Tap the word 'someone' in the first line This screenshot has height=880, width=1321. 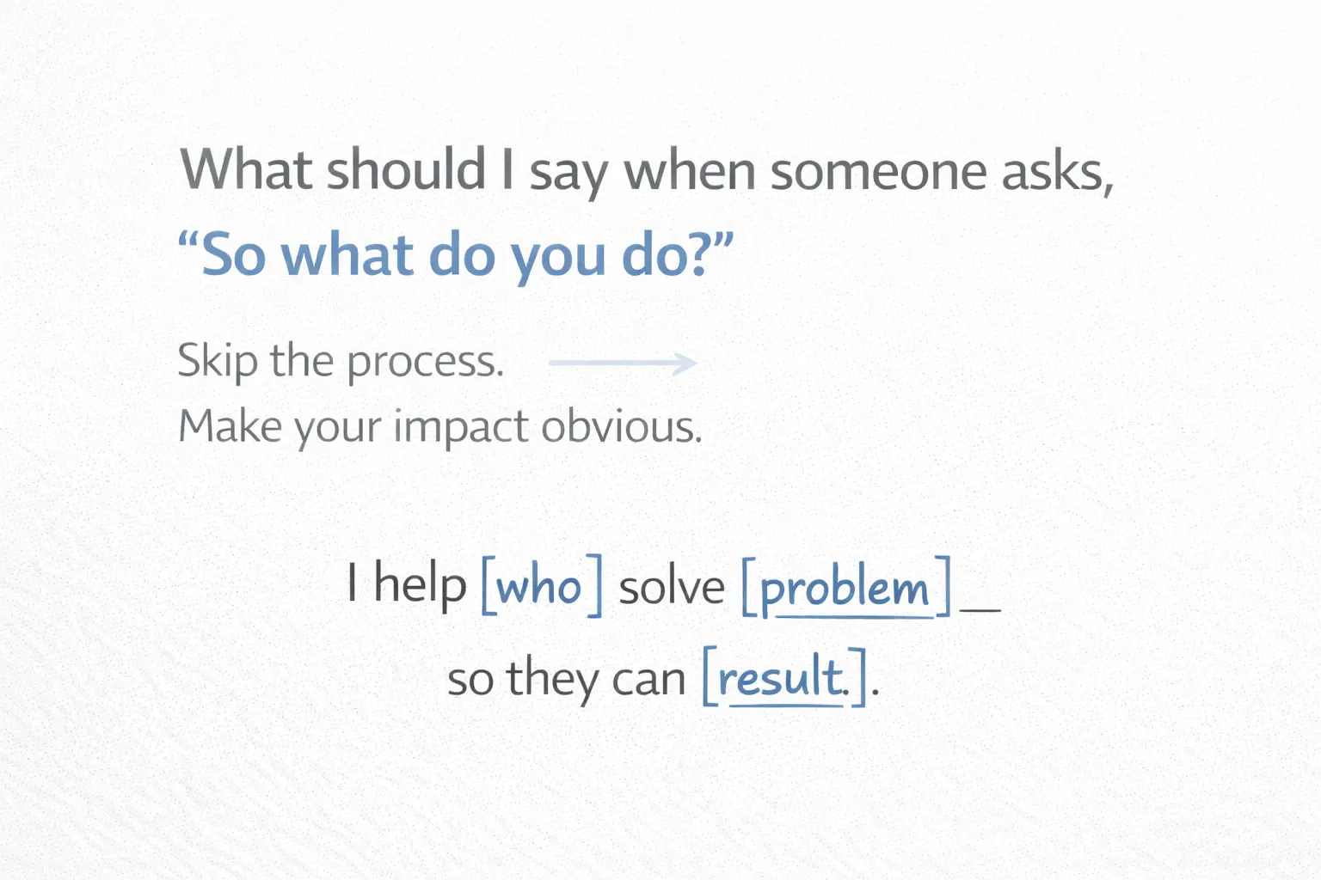pyautogui.click(x=878, y=171)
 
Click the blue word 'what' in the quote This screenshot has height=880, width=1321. pyautogui.click(x=347, y=255)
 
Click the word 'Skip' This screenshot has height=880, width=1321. pyautogui.click(x=217, y=361)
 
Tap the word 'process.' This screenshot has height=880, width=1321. pyautogui.click(x=425, y=363)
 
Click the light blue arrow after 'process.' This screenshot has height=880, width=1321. pyautogui.click(x=623, y=364)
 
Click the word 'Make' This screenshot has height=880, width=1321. pyautogui.click(x=230, y=426)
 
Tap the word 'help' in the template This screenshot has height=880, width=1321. pyautogui.click(x=420, y=586)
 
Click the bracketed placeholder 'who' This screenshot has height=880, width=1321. pyautogui.click(x=541, y=587)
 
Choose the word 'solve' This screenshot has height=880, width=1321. pyautogui.click(x=672, y=588)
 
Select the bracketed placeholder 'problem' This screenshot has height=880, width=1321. pyautogui.click(x=845, y=589)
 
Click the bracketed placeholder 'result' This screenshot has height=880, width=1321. pyautogui.click(x=783, y=678)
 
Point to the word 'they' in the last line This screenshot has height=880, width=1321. pyautogui.click(x=552, y=679)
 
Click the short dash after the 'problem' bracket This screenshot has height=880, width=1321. pyautogui.click(x=980, y=609)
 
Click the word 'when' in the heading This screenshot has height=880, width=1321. pyautogui.click(x=689, y=171)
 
